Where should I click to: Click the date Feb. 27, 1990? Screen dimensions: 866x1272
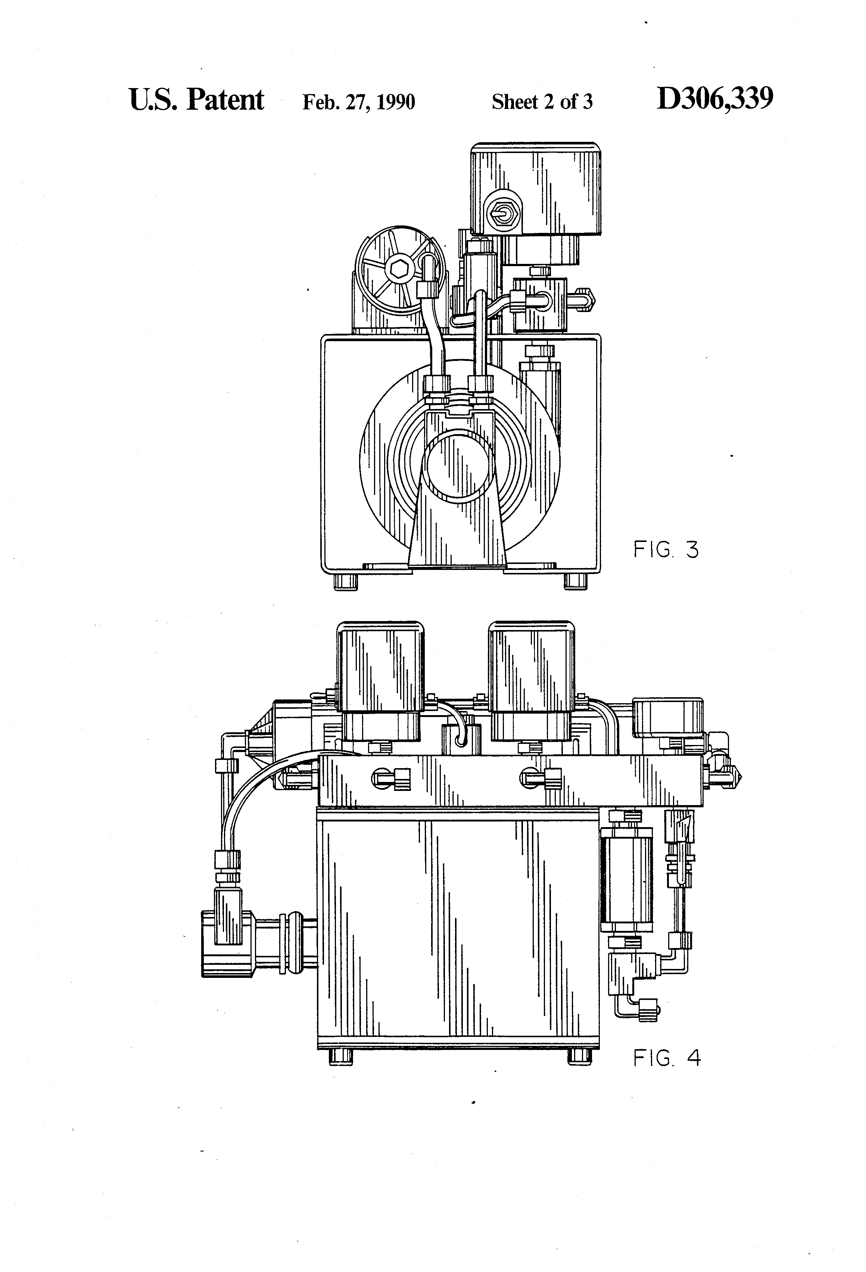click(x=359, y=102)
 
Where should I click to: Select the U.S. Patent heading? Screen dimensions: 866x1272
click(x=196, y=100)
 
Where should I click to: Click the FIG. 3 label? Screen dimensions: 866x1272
click(x=666, y=549)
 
